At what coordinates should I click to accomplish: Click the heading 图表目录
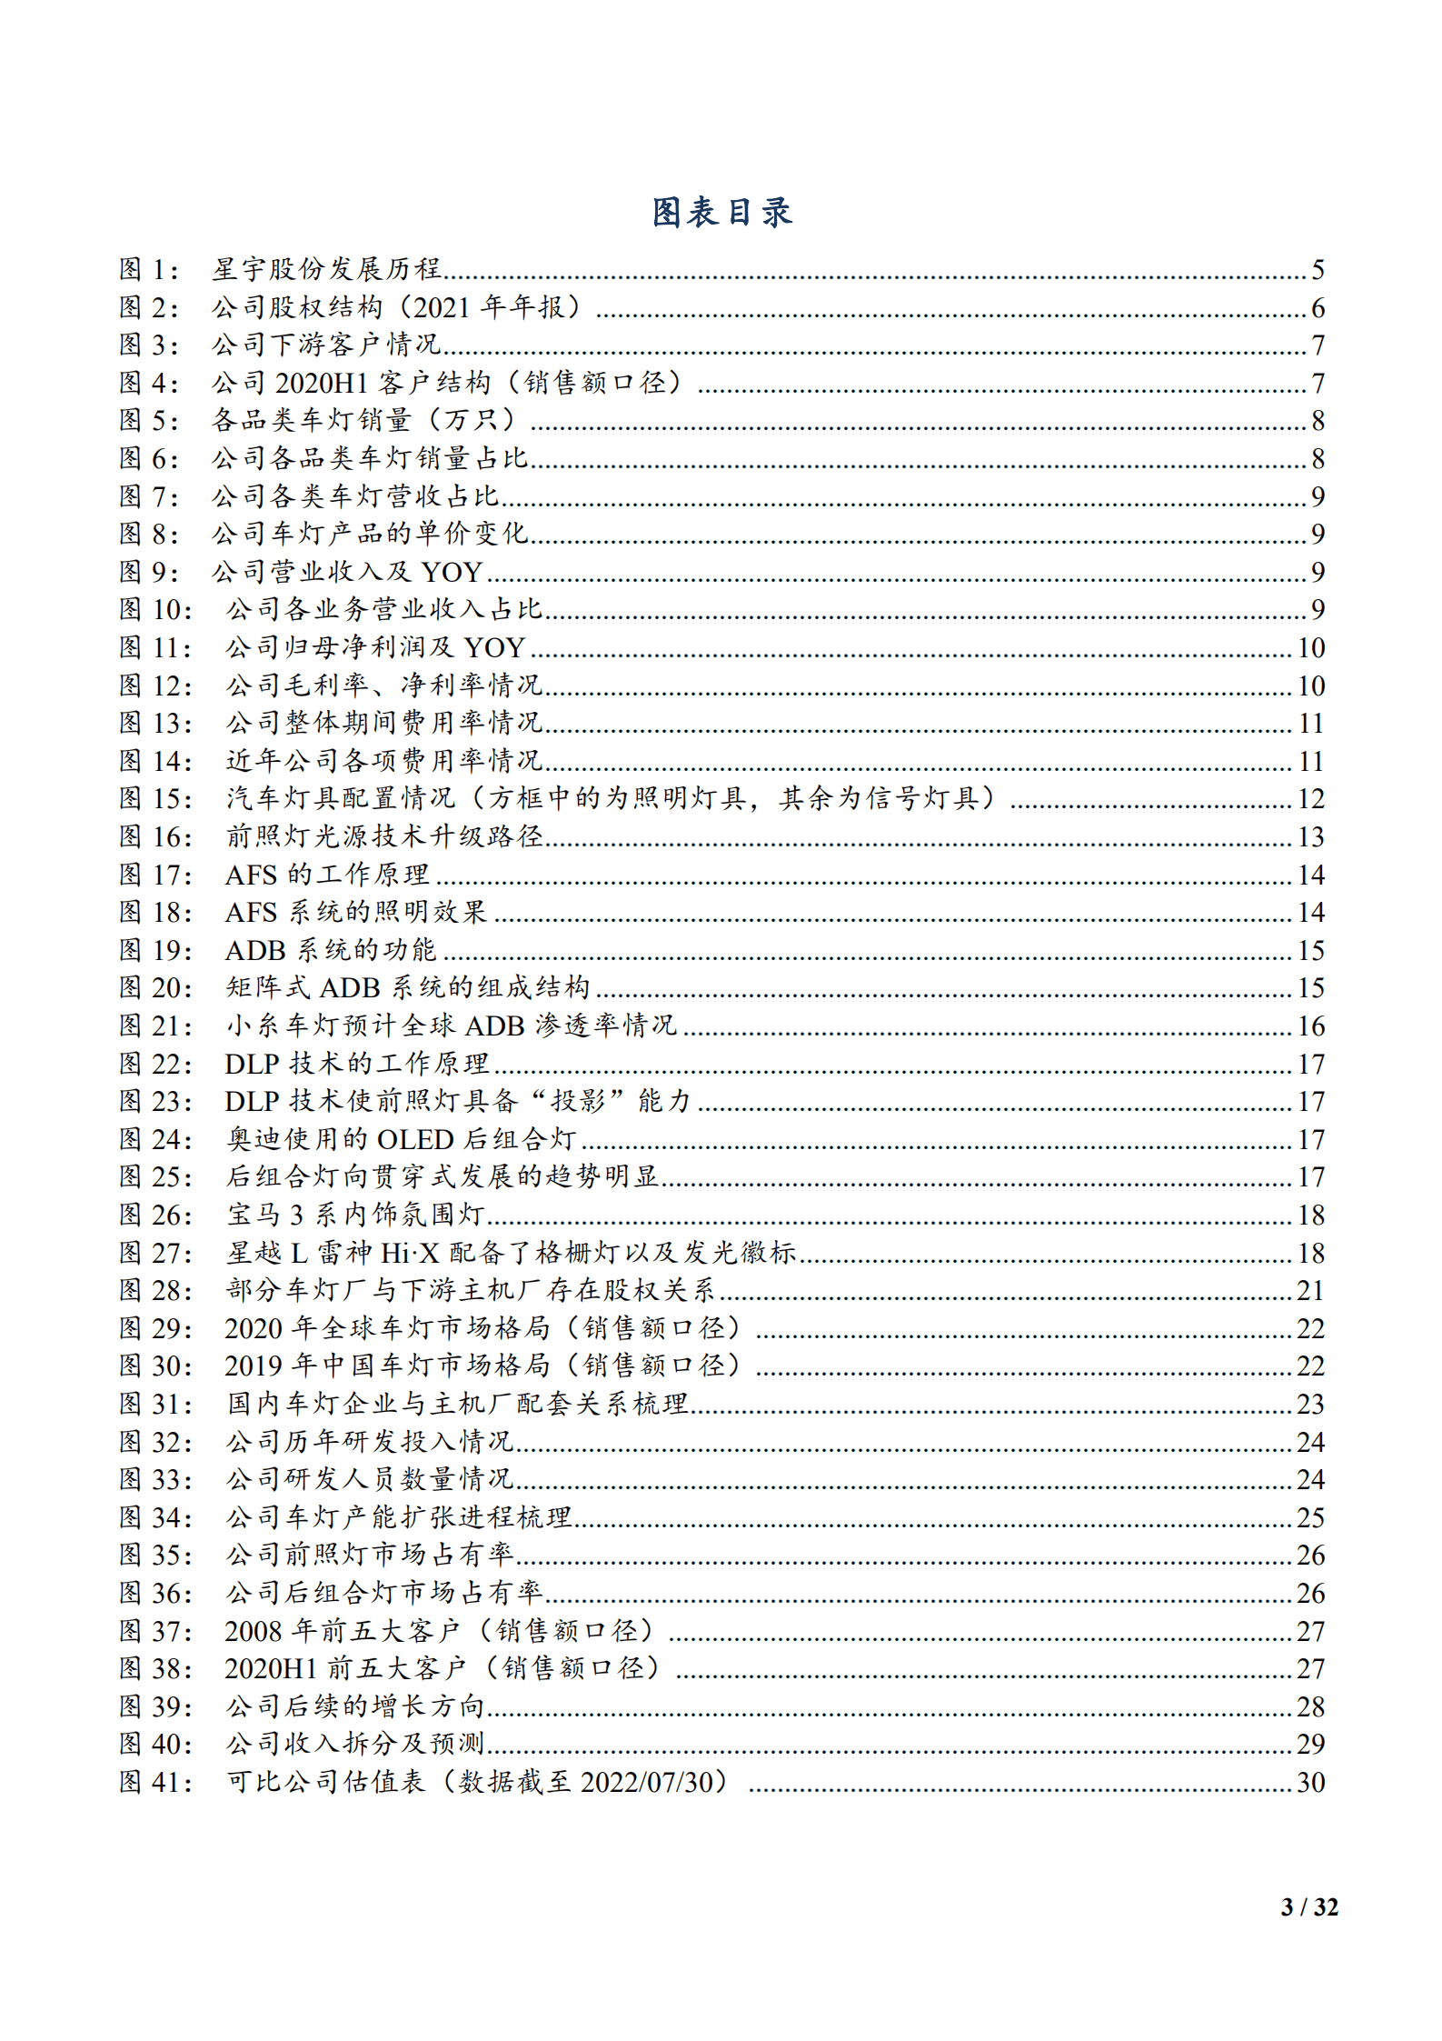[x=721, y=213]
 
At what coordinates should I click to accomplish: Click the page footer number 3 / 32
[x=1308, y=1906]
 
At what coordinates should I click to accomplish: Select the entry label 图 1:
[x=150, y=269]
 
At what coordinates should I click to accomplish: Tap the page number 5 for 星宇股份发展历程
[x=1318, y=270]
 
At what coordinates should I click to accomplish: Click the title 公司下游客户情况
[x=326, y=345]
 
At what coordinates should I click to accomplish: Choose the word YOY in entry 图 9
[x=452, y=572]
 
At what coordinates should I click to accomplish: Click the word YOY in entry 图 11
[x=494, y=647]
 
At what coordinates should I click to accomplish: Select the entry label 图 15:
[x=156, y=798]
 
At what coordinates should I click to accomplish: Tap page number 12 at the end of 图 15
[x=1310, y=799]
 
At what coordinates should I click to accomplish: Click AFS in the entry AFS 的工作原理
[x=251, y=875]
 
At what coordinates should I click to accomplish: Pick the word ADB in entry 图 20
[x=350, y=988]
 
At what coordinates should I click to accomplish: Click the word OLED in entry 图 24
[x=415, y=1139]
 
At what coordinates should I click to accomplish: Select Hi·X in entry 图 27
[x=409, y=1253]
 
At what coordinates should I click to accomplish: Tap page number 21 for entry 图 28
[x=1310, y=1291]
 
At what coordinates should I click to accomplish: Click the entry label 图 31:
[x=156, y=1405]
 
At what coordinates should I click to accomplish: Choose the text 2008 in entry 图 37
[x=254, y=1631]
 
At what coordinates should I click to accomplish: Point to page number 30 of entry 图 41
[x=1310, y=1783]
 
